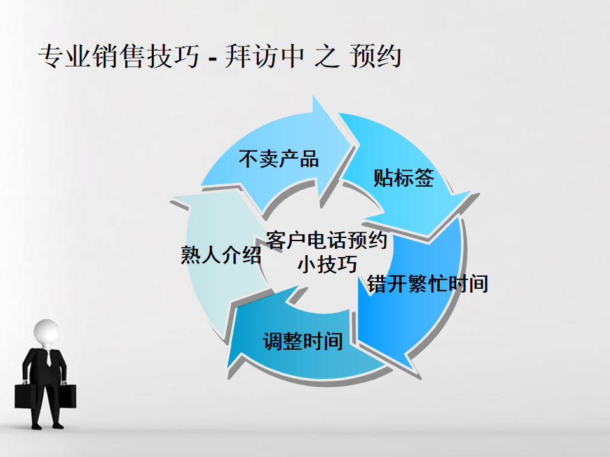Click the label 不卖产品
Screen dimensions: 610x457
pos(278,159)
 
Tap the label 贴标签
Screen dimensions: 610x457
pos(403,178)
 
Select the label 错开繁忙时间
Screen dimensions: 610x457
pos(428,284)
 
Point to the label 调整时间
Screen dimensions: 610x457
pos(302,341)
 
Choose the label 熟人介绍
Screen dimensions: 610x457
pos(221,255)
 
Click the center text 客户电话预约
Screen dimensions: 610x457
pos(327,240)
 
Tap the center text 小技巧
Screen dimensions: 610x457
pos(327,264)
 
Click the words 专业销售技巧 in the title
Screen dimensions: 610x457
pos(119,56)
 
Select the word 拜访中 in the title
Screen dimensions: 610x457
pos(264,56)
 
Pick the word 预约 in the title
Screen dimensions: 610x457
pos(376,56)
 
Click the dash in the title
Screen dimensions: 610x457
pos(212,59)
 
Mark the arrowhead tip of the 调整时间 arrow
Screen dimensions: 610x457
pos(227,368)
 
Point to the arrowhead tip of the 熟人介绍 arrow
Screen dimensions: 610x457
pos(170,201)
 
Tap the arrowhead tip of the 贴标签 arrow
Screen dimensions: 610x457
pos(428,237)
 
